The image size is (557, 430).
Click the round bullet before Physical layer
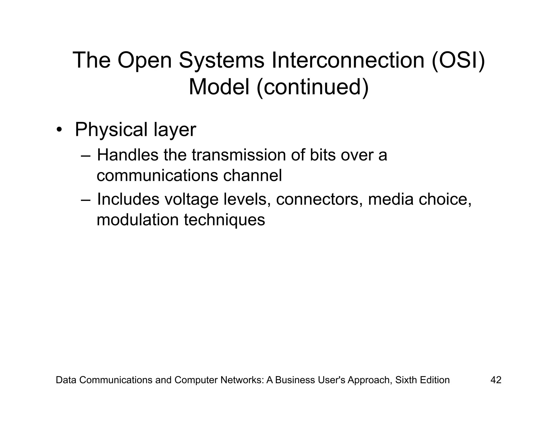point(59,130)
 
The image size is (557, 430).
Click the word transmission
point(239,155)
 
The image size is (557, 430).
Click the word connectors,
point(320,199)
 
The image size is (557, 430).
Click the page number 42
point(496,380)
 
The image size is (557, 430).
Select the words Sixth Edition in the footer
point(422,380)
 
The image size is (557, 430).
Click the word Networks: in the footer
point(242,380)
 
